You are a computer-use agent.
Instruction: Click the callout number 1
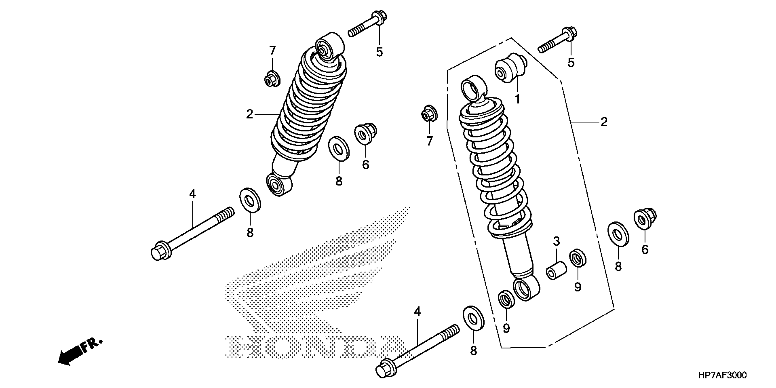point(518,99)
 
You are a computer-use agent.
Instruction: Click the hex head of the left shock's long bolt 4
point(160,251)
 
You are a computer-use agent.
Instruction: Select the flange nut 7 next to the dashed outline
point(429,114)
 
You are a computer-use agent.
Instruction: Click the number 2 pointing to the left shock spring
point(249,115)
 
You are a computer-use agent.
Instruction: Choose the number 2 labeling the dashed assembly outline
point(603,122)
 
